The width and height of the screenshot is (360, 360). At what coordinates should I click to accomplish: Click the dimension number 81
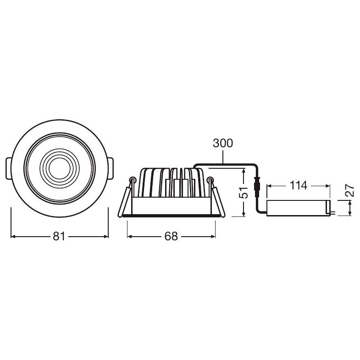coord(59,237)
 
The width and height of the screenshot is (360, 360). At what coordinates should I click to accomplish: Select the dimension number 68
coord(171,237)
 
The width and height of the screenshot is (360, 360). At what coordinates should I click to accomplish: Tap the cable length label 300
coord(223,143)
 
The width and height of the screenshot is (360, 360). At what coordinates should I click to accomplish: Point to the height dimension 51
coord(245,192)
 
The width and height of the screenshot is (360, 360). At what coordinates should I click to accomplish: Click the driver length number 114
coord(298,186)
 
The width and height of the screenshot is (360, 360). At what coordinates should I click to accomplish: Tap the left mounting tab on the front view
coord(9,169)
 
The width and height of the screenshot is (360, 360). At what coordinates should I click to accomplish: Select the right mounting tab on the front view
coord(111,169)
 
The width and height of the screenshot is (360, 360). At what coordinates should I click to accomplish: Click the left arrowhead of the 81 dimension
coord(13,237)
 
